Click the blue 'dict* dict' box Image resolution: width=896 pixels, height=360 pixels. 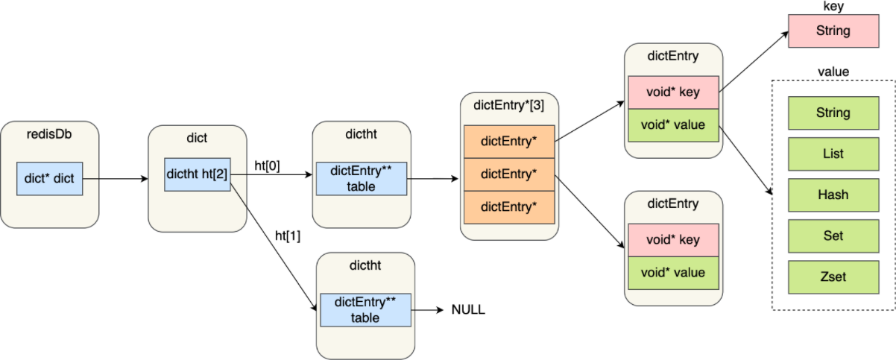tap(49, 179)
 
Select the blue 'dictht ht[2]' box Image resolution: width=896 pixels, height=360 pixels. tap(197, 174)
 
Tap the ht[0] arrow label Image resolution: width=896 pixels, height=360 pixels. tap(268, 165)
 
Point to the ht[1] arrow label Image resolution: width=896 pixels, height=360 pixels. tap(288, 236)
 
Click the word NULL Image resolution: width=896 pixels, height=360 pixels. tap(468, 309)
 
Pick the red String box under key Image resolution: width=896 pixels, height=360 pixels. tap(833, 32)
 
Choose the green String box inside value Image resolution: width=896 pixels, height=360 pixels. tap(833, 113)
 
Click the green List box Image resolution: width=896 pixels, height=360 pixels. tap(833, 154)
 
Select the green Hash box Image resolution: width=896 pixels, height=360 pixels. tap(833, 195)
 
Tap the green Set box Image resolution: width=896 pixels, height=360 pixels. tap(833, 236)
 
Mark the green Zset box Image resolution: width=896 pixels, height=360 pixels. tap(833, 277)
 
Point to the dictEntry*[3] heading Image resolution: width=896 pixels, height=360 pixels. tap(509, 106)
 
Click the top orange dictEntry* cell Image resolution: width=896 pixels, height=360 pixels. tap(509, 140)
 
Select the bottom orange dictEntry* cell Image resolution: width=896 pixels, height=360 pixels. tap(509, 206)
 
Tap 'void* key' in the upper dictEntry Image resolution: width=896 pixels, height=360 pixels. tap(673, 92)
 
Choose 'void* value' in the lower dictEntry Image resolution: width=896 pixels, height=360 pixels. tap(673, 273)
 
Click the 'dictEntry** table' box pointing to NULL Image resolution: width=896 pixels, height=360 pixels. tap(365, 309)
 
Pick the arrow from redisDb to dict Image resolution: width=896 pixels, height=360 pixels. tap(116, 180)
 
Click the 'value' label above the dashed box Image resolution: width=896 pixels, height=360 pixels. tap(833, 72)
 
